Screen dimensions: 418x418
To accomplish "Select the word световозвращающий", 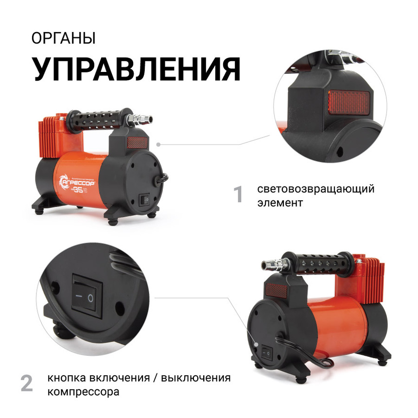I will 316,189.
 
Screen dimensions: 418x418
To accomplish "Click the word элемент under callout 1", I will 280,203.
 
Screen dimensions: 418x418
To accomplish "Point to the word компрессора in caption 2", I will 83,391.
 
